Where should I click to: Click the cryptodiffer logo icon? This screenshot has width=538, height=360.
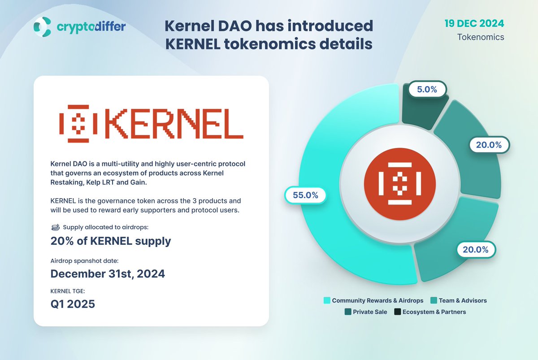coord(43,27)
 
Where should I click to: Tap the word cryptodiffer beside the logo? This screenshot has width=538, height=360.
coord(91,27)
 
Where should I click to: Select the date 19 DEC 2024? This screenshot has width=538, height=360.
coord(474,23)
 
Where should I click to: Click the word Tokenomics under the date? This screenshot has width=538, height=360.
coord(481,37)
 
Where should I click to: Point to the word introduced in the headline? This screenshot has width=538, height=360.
coord(328,26)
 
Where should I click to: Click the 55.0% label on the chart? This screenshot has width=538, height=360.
coord(305,195)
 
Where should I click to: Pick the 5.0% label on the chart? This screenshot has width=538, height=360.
coord(427,89)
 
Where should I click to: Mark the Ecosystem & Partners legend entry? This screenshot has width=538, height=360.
coord(430,312)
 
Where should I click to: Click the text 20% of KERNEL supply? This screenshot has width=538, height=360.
coord(111,241)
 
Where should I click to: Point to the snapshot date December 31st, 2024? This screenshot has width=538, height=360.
coord(108,273)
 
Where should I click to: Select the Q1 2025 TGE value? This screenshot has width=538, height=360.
coord(73,304)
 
